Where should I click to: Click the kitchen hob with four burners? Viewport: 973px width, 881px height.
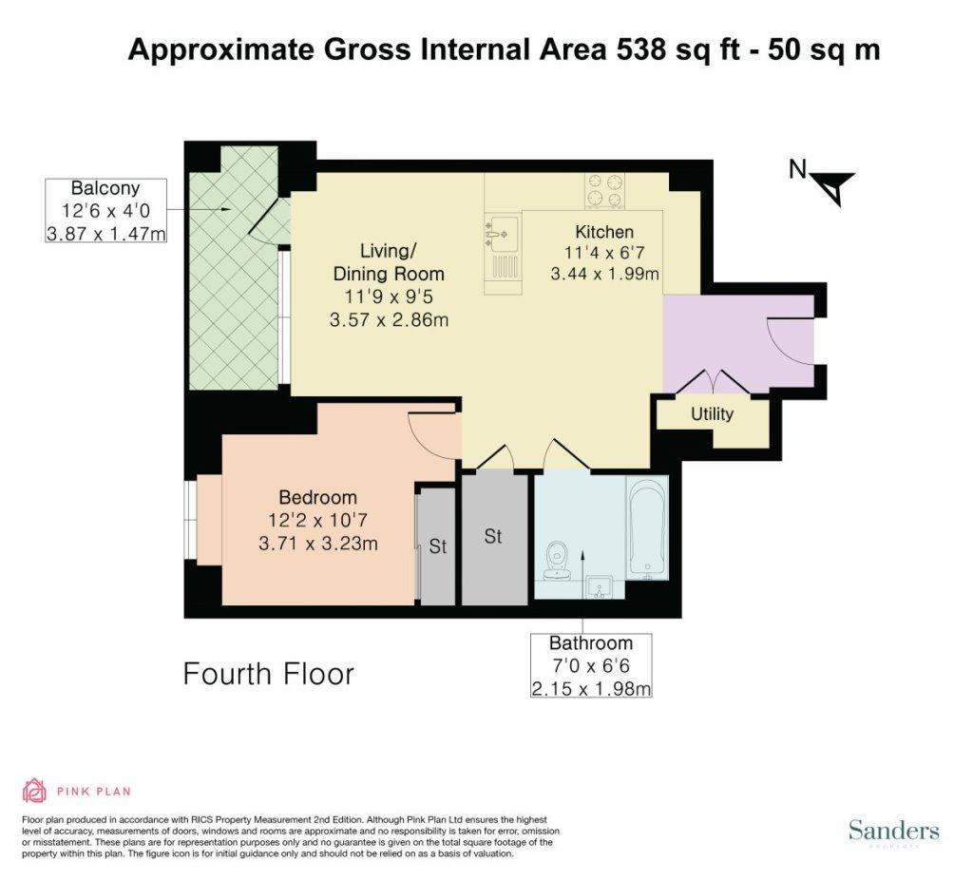pos(604,191)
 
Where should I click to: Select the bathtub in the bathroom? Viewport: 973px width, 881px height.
pos(647,528)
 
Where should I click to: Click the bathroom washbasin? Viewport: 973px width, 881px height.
pos(600,587)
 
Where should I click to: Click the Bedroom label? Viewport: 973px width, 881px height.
pos(317,497)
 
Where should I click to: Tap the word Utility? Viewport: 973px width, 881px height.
pos(712,414)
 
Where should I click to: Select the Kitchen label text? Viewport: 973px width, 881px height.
pos(604,232)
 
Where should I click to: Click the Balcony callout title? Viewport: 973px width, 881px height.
pos(105,187)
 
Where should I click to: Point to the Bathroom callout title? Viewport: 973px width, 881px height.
pos(591,642)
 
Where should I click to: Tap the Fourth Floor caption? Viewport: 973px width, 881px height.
pos(269,674)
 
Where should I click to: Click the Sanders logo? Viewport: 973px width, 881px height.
pos(893,830)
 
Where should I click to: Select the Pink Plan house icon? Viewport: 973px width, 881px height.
pos(35,791)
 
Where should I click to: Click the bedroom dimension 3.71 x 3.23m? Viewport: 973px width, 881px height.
pos(317,544)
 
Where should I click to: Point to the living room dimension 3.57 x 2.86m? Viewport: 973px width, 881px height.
pos(389,319)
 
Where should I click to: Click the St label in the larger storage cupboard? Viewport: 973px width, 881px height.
pos(493,536)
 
